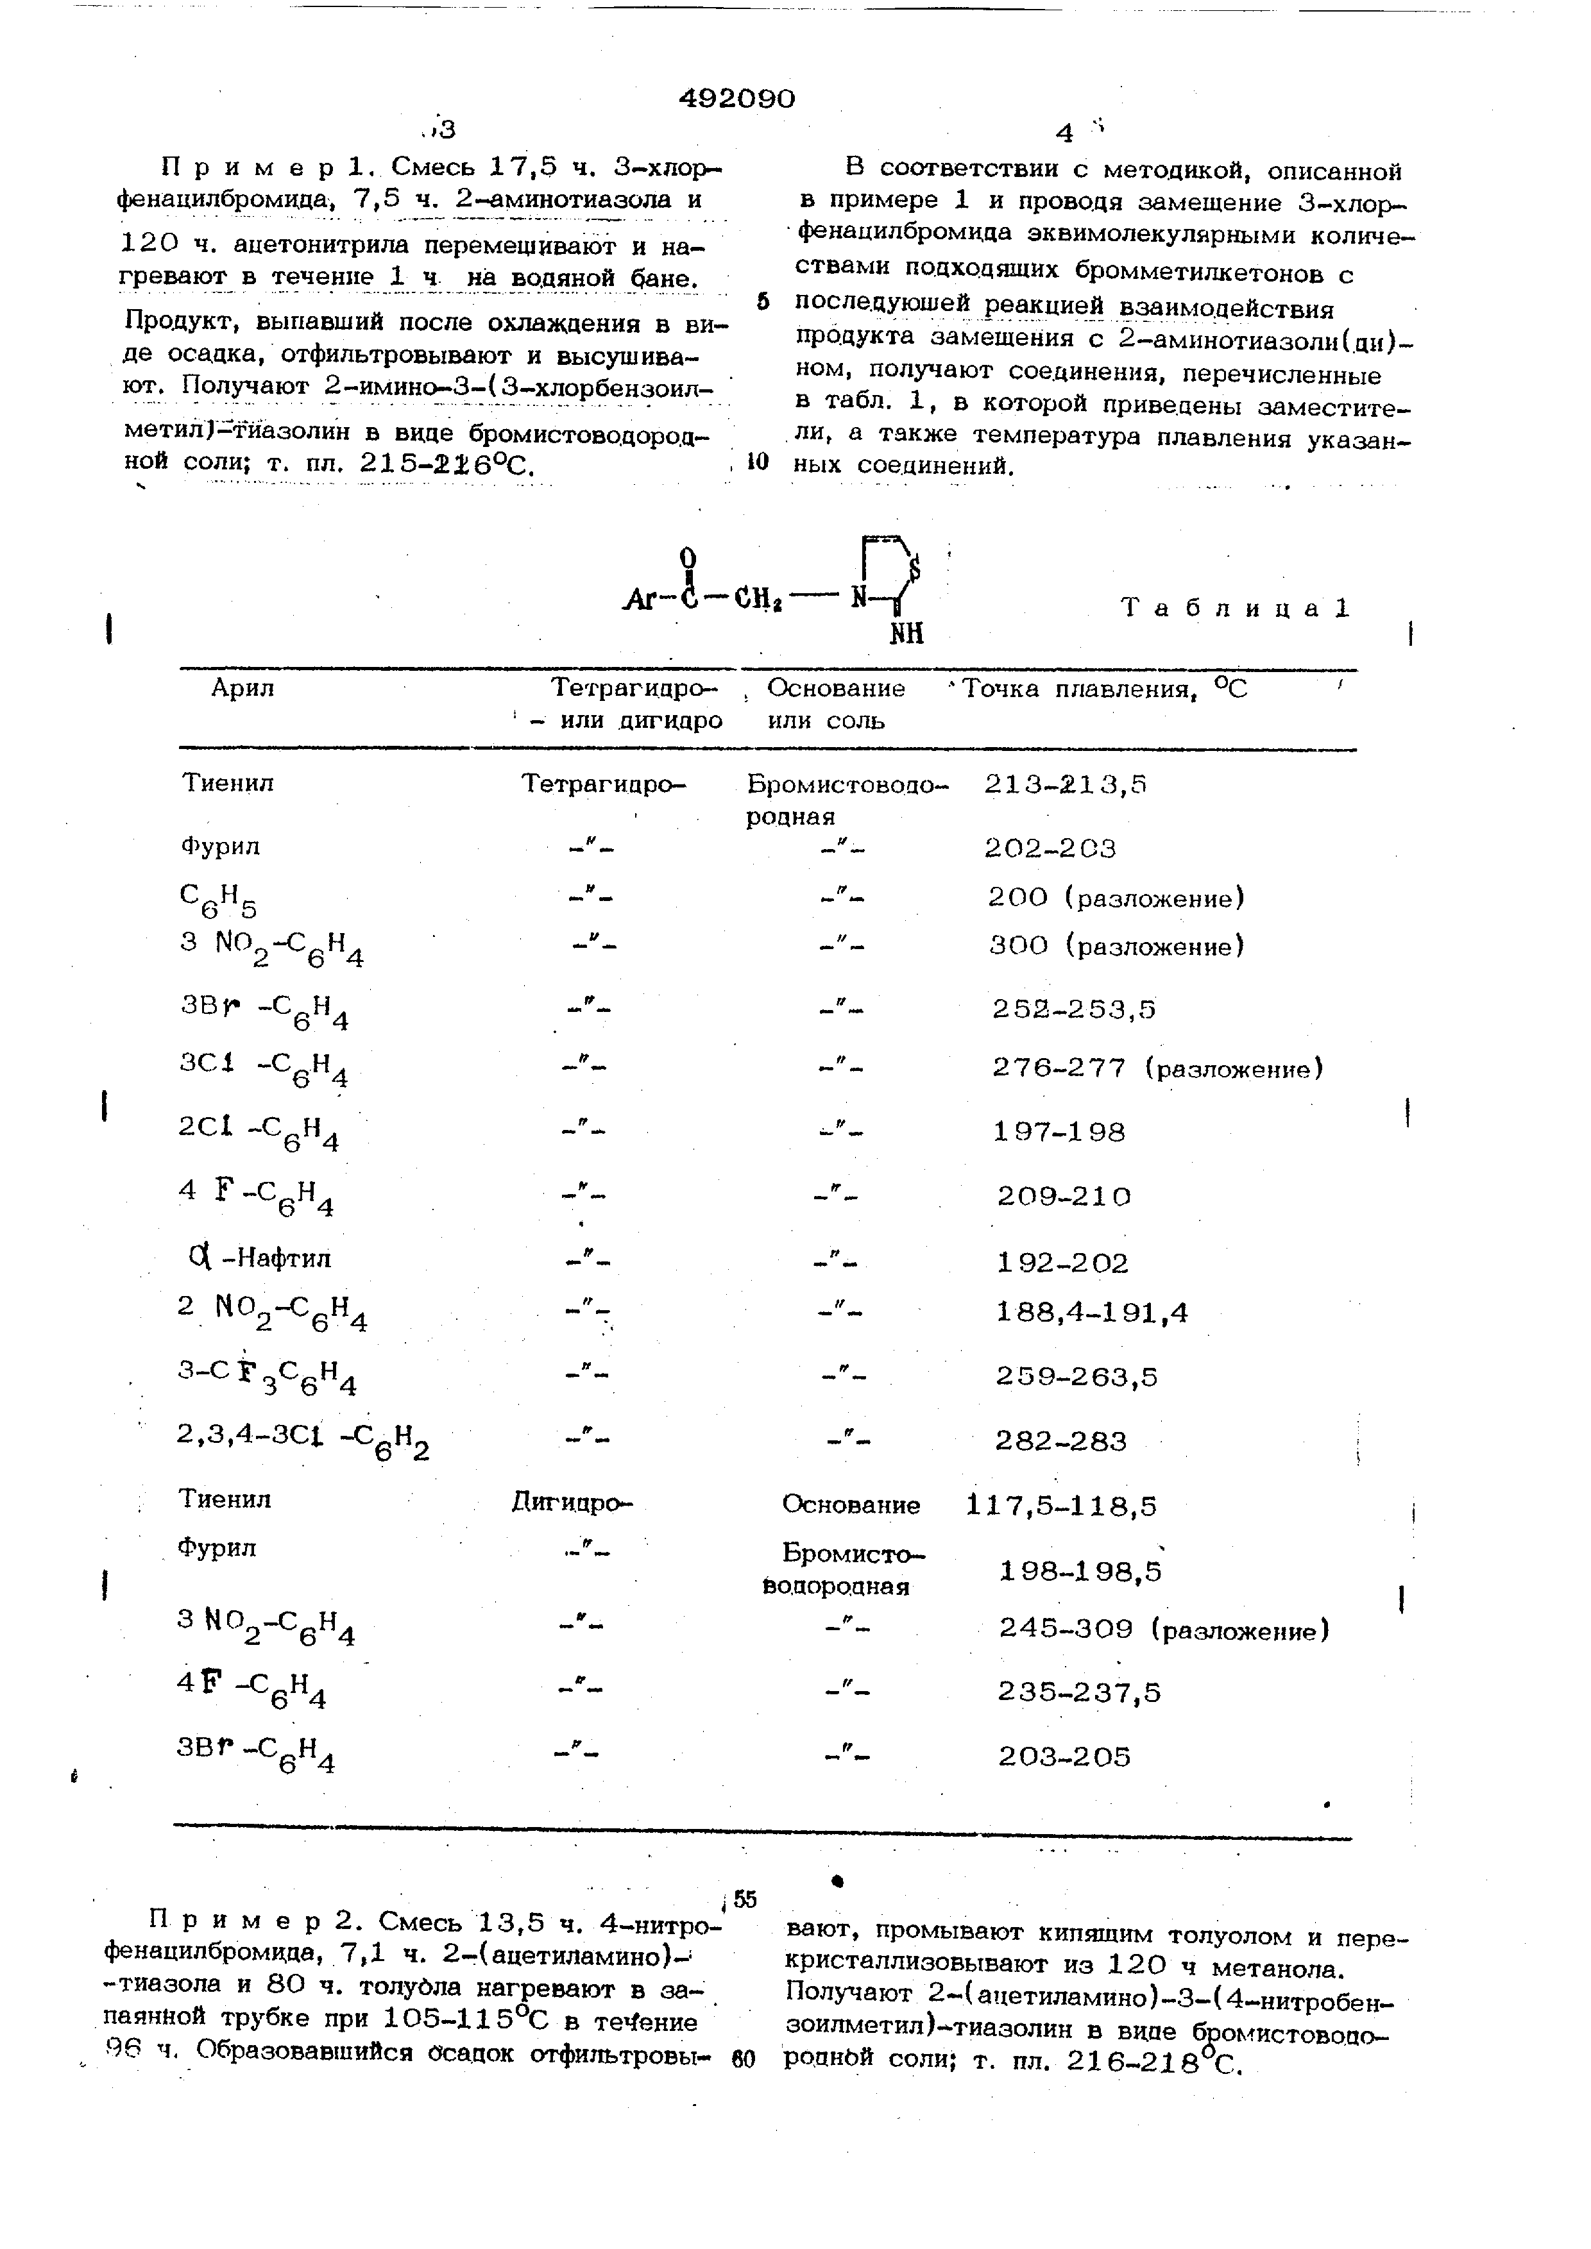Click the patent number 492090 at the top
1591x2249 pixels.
tap(736, 98)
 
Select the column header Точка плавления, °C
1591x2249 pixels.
tap(1104, 689)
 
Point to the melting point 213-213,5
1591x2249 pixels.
tap(1065, 784)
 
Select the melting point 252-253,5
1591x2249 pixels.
tap(1074, 1009)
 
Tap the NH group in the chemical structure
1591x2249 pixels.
tap(906, 635)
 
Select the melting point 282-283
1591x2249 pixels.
tap(1061, 1442)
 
